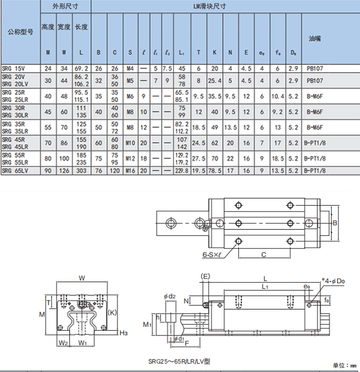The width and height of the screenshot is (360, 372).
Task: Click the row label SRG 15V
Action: coord(13,69)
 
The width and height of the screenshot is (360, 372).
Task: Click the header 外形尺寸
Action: coord(65,7)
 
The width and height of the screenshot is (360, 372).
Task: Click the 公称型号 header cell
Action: coord(20,32)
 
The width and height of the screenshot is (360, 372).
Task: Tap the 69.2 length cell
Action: coord(81,69)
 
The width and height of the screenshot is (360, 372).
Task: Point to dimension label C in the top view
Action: coord(264,255)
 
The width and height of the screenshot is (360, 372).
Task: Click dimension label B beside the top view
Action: coord(335,223)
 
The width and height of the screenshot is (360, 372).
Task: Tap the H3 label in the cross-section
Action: coord(123,332)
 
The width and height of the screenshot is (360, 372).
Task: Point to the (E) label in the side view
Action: coord(205,277)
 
